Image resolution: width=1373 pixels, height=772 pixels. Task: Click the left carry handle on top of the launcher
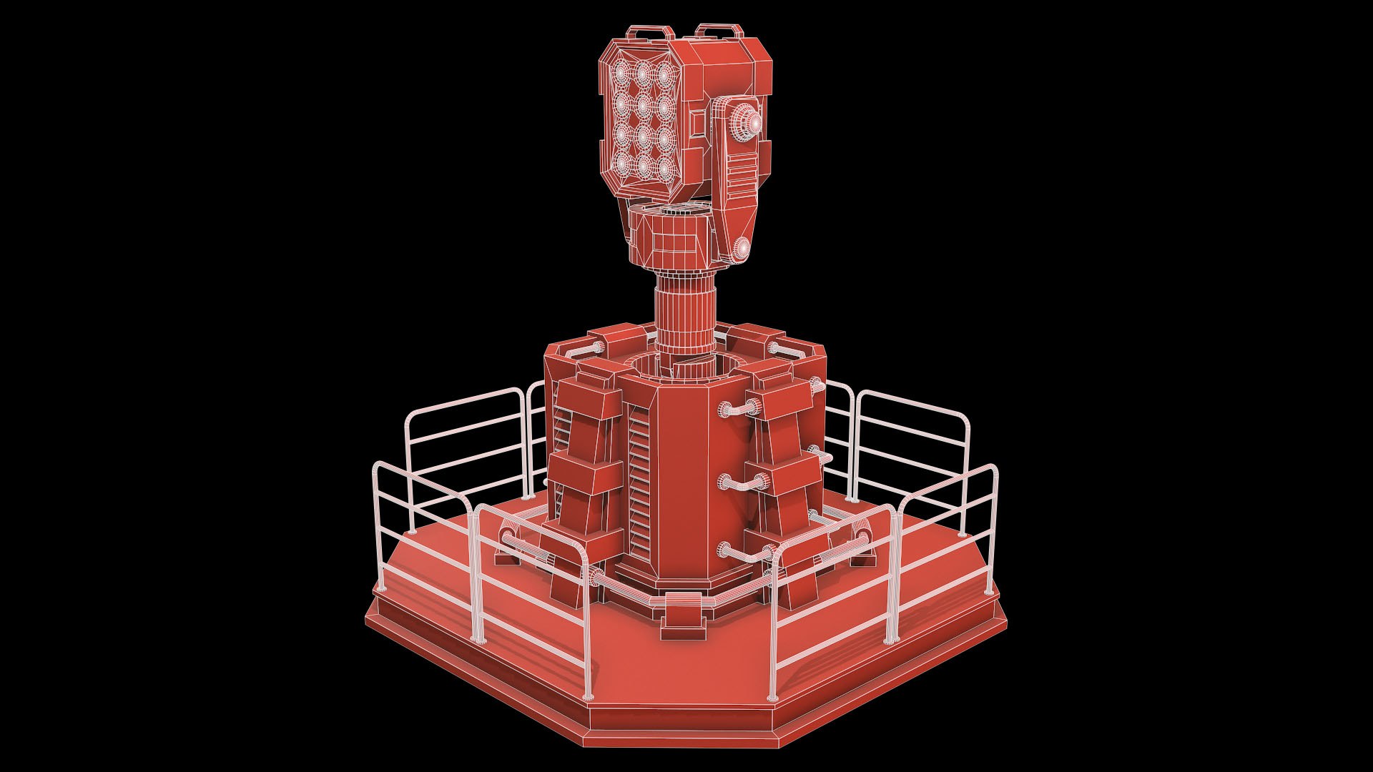[x=649, y=31]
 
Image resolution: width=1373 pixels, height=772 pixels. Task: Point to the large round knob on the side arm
[x=747, y=122]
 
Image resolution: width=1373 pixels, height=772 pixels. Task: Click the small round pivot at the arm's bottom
[x=741, y=247]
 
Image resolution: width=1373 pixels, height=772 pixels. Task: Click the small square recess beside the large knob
[x=697, y=134]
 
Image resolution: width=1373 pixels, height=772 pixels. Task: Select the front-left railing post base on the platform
[x=588, y=696]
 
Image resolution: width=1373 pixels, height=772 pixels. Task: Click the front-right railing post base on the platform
[x=772, y=697]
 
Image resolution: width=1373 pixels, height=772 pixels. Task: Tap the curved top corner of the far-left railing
[x=382, y=468]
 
